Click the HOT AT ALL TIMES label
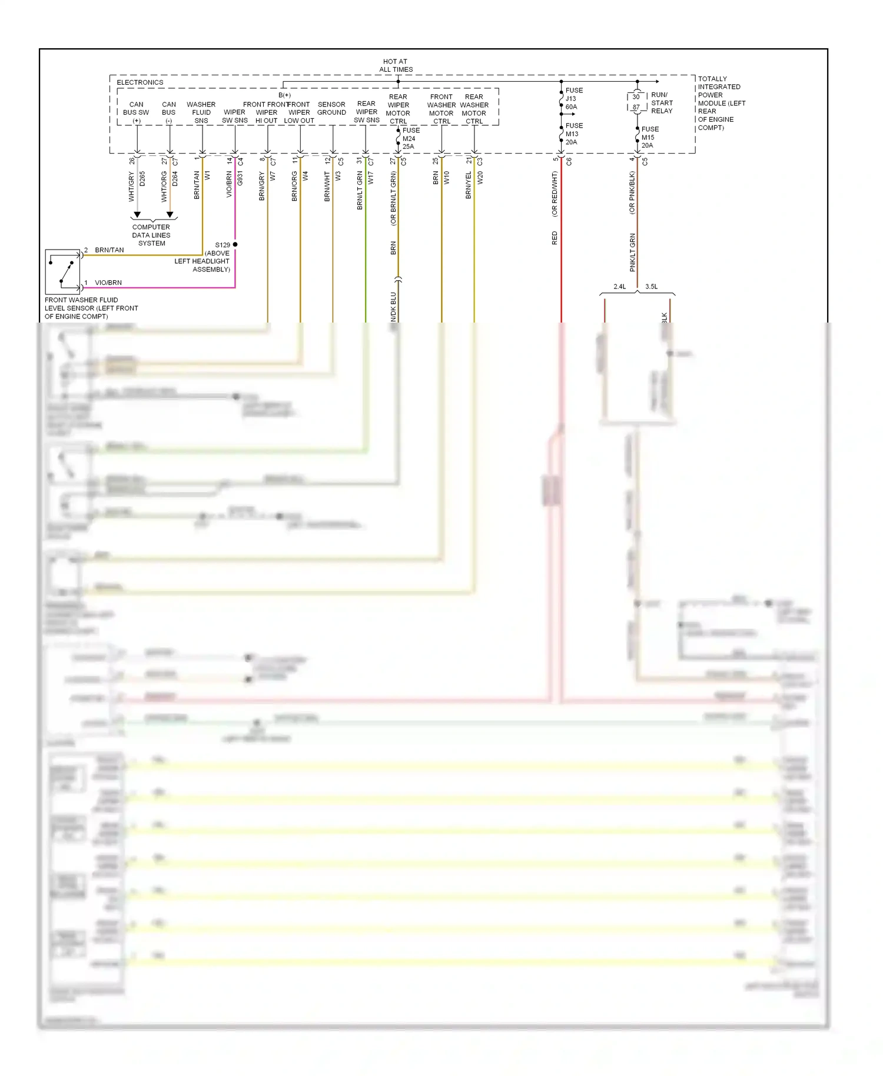tap(396, 65)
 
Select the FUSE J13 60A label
tap(573, 98)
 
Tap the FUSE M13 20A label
tap(573, 134)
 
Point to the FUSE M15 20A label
tap(649, 137)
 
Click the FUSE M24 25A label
tap(410, 138)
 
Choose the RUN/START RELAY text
tap(661, 102)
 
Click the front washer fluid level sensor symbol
tap(63, 271)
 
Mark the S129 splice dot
tap(235, 244)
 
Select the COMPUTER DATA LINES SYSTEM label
tap(151, 235)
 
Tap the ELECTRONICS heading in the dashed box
tap(140, 82)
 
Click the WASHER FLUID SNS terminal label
tap(201, 112)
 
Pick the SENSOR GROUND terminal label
tap(331, 108)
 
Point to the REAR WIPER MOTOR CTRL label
tap(398, 109)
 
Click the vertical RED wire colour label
tap(555, 238)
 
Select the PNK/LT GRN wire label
tap(633, 253)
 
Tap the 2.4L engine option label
tap(619, 287)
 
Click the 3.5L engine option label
tap(651, 287)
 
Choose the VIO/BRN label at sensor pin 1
tap(108, 283)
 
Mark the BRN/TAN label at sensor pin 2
tap(109, 250)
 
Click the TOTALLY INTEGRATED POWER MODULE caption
tap(721, 103)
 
